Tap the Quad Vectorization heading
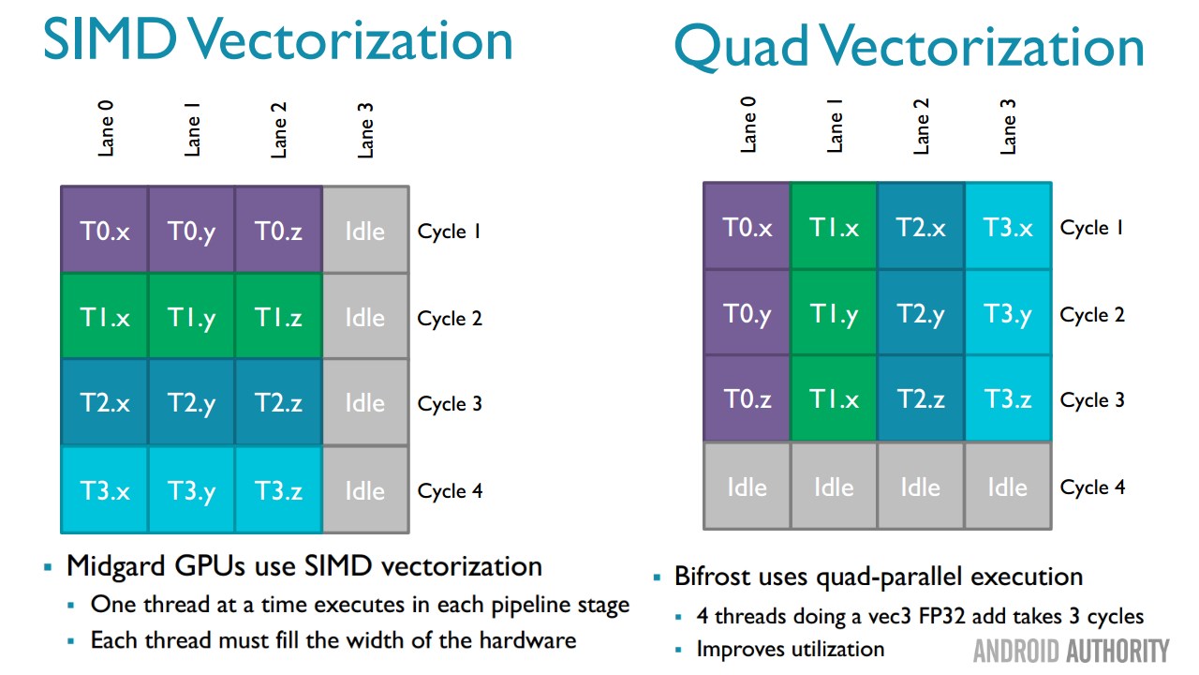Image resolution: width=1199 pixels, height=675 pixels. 909,47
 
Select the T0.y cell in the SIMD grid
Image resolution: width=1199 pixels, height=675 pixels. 191,231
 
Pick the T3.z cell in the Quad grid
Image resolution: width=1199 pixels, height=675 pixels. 1008,399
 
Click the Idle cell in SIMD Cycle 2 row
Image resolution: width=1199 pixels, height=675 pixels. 364,318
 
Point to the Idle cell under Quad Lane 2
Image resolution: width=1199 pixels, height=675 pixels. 920,487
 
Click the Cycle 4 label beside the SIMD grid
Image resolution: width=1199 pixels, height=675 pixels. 450,490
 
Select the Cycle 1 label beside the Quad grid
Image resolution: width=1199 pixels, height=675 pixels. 1092,228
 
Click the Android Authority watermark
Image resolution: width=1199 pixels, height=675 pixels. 1071,651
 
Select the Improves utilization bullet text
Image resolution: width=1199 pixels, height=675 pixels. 790,649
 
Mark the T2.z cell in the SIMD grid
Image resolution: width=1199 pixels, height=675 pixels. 278,403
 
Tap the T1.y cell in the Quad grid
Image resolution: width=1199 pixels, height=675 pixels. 834,314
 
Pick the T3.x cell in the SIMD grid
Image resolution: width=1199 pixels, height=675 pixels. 105,490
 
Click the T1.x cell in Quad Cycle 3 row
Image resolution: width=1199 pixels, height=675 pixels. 834,399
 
